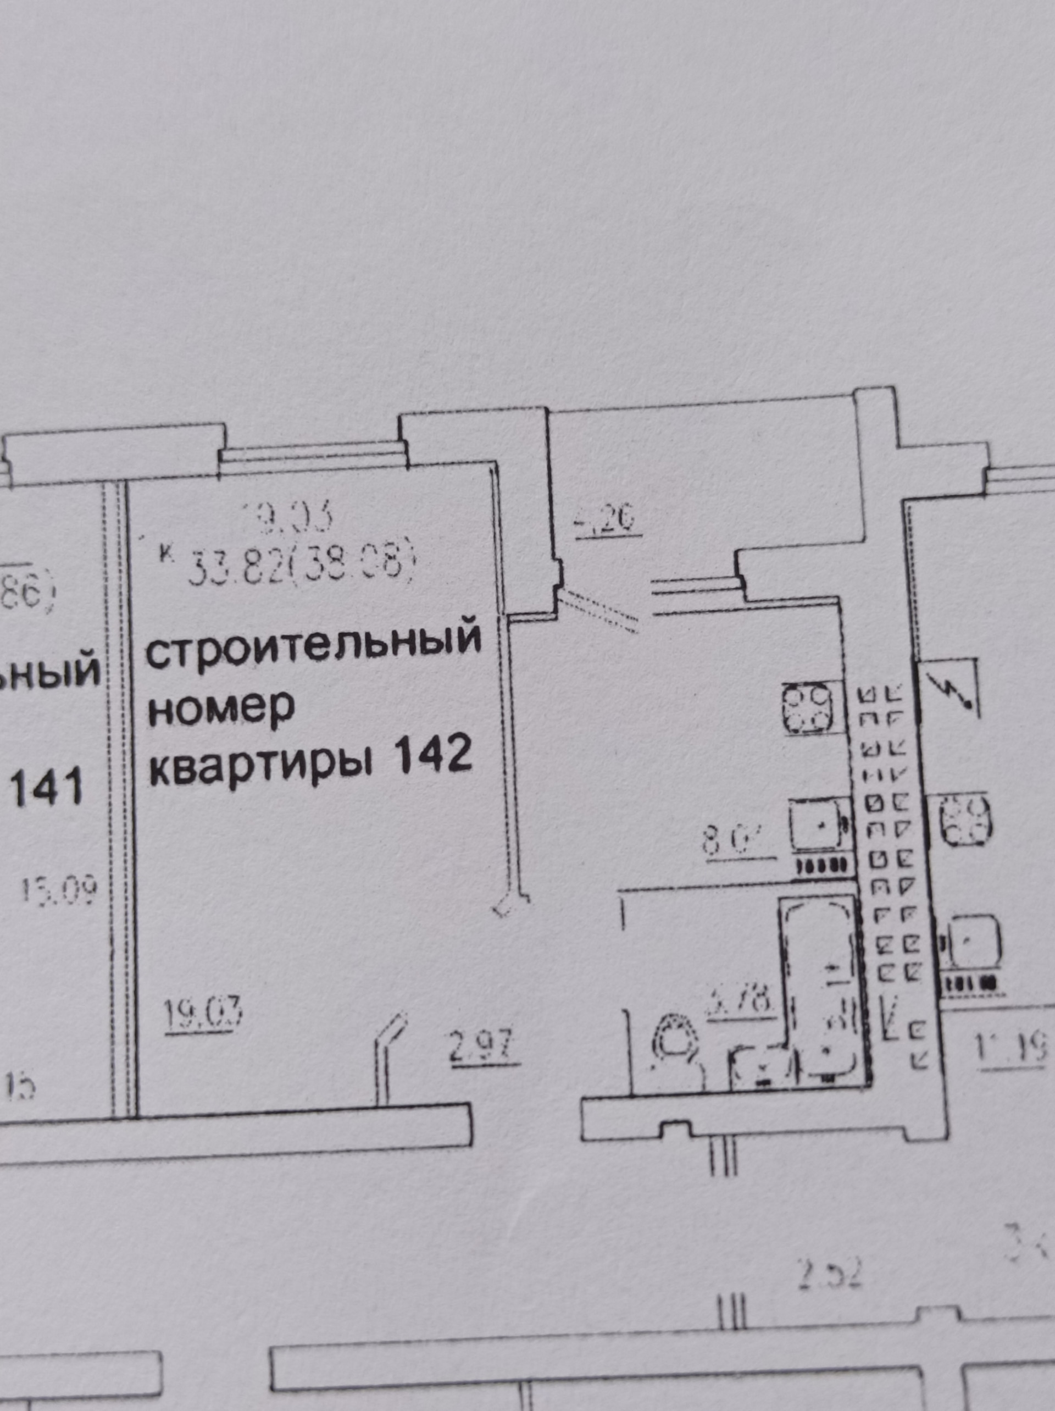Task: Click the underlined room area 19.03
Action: [x=203, y=1013]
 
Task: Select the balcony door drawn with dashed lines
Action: [x=599, y=608]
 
